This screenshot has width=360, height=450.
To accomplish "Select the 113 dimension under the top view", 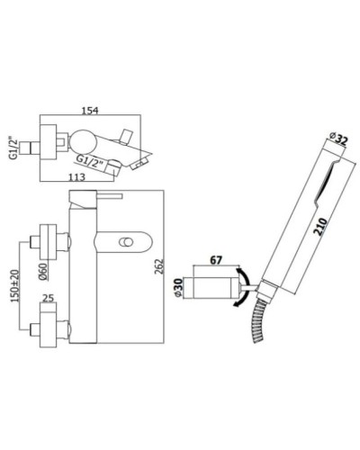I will (x=81, y=176).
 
